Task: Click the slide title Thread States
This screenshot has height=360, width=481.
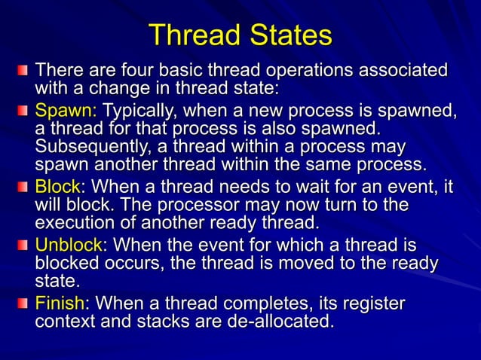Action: click(240, 35)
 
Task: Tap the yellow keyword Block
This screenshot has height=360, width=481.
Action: click(60, 187)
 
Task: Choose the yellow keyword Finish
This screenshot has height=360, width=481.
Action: click(63, 304)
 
